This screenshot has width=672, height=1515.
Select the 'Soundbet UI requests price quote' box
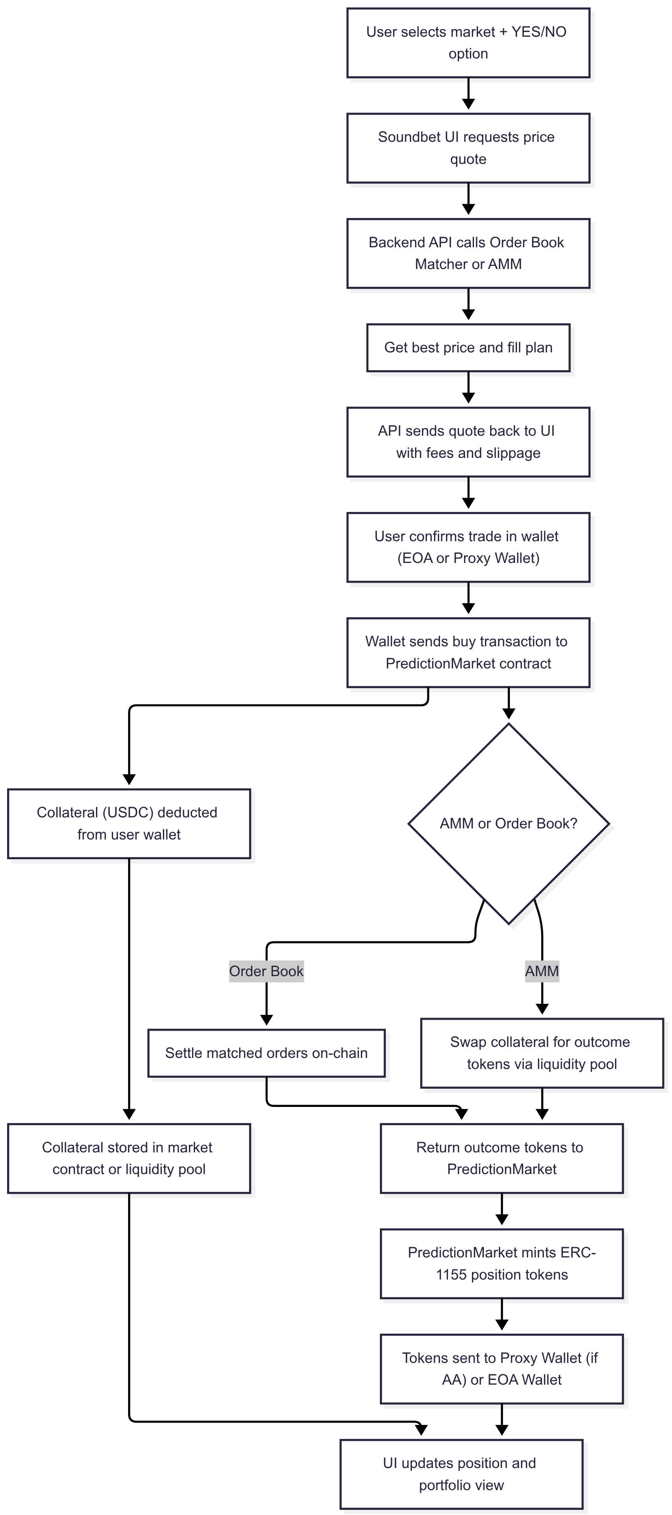[x=468, y=148]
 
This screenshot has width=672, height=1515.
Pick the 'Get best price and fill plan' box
[x=468, y=348]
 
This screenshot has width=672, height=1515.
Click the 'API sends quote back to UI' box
[x=468, y=442]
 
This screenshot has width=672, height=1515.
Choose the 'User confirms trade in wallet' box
[x=468, y=547]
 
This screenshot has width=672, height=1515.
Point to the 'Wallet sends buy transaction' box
[x=468, y=652]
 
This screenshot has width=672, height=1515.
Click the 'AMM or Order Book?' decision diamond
[x=508, y=823]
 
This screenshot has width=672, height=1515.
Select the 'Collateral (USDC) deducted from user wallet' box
[x=129, y=823]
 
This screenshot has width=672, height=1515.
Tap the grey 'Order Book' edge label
[x=266, y=971]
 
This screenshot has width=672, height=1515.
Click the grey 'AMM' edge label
[x=542, y=971]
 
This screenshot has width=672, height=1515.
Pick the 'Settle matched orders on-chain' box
[x=266, y=1053]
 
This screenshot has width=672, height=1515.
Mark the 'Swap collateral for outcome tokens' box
[x=542, y=1053]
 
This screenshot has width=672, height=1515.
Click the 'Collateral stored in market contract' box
[x=129, y=1158]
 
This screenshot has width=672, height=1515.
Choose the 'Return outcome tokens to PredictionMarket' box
[x=501, y=1158]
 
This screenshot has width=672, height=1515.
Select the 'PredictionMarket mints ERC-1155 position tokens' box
[x=501, y=1263]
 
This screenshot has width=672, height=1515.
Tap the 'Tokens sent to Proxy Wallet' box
[x=501, y=1368]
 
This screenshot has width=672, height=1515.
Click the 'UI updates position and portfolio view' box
[x=461, y=1474]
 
